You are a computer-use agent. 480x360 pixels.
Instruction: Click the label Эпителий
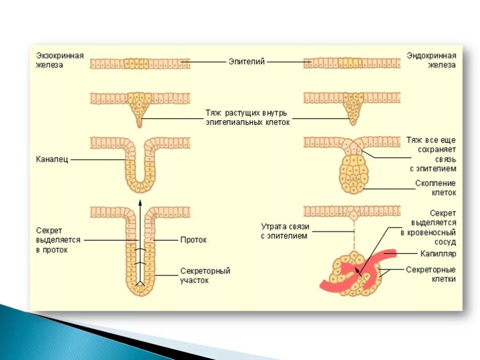247,61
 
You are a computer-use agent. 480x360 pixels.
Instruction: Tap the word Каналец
52,159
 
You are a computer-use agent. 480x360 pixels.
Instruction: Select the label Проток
193,240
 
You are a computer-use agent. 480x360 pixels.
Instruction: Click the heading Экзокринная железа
60,60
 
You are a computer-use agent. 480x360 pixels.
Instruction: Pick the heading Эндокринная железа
431,60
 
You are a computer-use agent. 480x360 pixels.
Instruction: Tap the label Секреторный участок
205,276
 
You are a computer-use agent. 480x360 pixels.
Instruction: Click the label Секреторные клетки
431,274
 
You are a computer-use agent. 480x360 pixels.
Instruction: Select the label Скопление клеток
435,187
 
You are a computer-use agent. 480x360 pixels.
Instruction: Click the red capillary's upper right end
393,254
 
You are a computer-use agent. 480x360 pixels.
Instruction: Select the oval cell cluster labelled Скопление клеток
354,173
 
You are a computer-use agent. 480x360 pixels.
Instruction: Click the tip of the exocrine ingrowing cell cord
140,125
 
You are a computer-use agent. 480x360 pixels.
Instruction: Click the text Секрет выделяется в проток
58,240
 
